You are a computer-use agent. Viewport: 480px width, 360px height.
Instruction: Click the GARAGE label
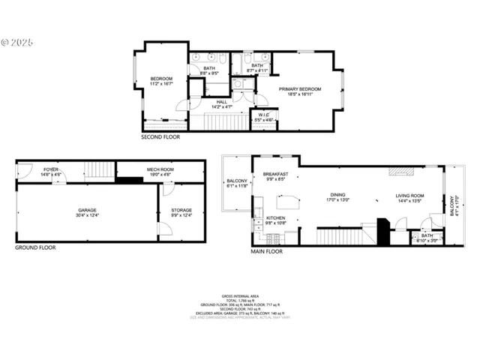click(88, 212)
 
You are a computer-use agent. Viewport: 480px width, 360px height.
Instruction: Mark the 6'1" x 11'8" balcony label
click(237, 183)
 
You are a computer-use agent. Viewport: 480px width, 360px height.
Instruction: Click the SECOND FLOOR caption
click(160, 137)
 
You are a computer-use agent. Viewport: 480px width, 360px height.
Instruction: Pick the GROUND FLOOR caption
click(35, 247)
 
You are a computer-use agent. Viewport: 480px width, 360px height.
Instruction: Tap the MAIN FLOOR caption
click(266, 252)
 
